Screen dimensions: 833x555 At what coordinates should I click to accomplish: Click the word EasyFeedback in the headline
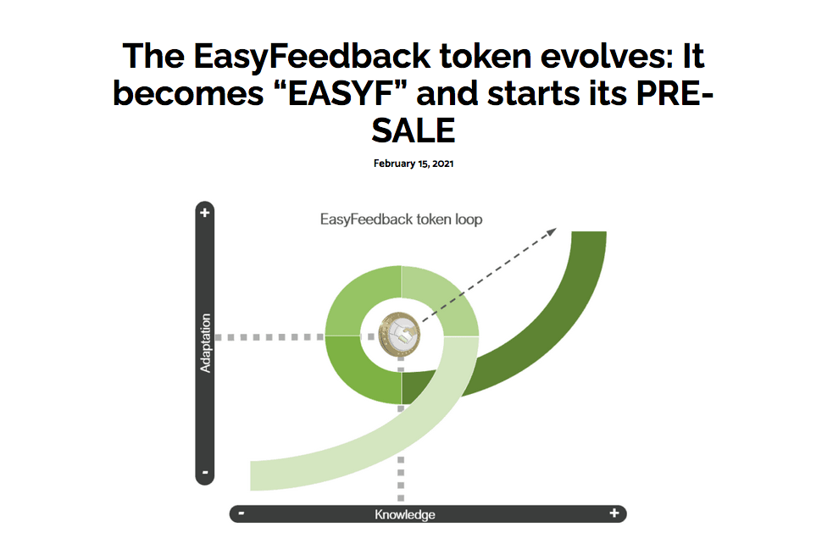click(312, 57)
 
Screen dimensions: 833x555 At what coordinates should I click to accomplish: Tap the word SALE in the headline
click(414, 130)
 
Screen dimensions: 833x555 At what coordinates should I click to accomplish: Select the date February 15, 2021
click(414, 164)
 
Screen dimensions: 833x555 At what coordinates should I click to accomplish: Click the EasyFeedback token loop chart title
click(401, 219)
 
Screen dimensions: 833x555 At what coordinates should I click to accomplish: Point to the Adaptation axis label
click(205, 343)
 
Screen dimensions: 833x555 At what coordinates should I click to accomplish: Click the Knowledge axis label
click(405, 514)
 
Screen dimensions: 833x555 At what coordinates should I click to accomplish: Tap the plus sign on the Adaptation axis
click(204, 213)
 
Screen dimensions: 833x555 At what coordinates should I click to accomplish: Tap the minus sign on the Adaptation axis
click(205, 472)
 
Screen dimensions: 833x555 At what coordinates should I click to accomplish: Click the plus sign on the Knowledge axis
click(614, 513)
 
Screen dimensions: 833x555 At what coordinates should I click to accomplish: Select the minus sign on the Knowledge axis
click(242, 513)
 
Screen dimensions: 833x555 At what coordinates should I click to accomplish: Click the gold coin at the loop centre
click(399, 335)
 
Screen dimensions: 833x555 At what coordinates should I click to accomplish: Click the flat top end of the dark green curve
click(589, 232)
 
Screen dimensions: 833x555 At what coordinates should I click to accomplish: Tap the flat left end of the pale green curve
click(252, 476)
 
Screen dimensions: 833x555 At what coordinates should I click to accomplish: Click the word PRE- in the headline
click(675, 93)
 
